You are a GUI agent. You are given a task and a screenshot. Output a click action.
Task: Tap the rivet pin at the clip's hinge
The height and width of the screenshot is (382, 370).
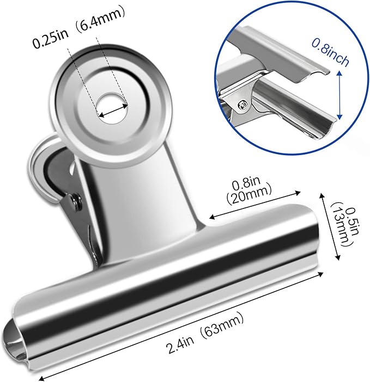coord(76,202)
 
